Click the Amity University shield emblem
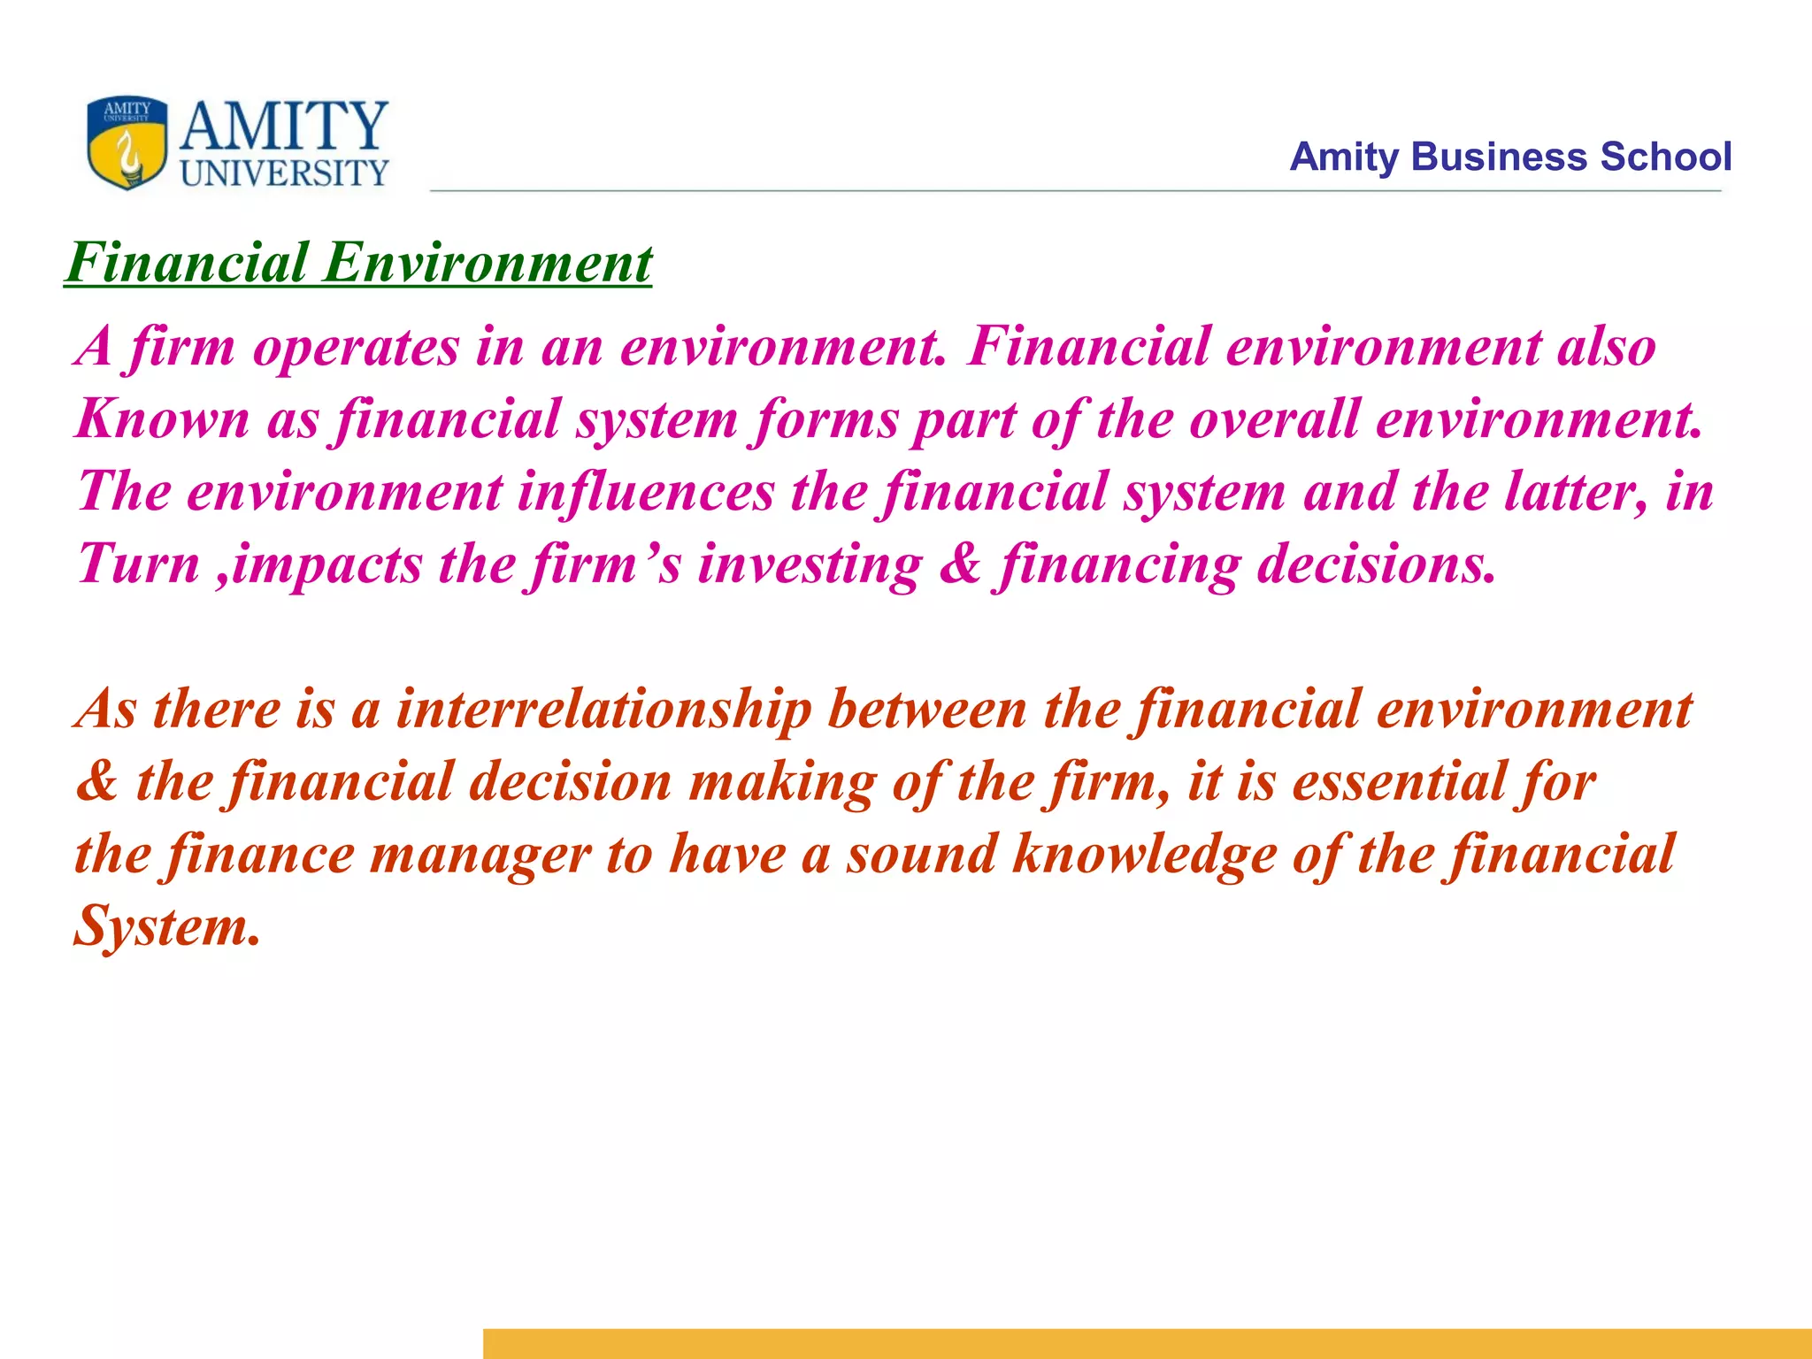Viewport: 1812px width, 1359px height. [127, 142]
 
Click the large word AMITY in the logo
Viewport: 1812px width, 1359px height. [284, 126]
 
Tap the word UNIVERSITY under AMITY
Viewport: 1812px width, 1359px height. [285, 173]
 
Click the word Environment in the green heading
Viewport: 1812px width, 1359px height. [488, 263]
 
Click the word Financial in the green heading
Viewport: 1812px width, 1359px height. [188, 263]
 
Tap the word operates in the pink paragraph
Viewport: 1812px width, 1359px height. [356, 347]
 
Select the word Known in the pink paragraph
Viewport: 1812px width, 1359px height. [163, 418]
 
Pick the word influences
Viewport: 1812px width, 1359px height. [646, 491]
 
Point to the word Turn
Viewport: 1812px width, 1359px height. [139, 564]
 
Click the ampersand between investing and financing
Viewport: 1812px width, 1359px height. [961, 564]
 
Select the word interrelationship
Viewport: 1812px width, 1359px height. [603, 710]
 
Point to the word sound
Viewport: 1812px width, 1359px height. [921, 856]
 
